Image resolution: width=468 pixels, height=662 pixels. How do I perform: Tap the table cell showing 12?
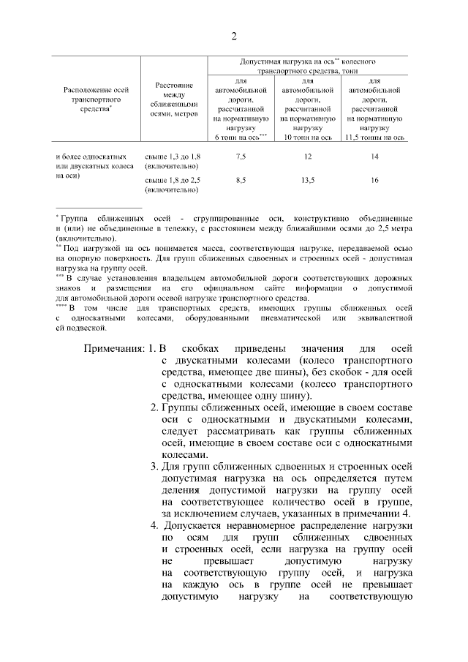click(x=308, y=157)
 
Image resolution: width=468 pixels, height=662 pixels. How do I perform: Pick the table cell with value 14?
click(x=375, y=157)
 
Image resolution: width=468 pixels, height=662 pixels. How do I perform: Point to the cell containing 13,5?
click(x=308, y=180)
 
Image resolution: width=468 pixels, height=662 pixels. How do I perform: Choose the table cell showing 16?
click(x=375, y=180)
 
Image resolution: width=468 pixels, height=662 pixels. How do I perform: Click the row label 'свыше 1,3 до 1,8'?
click(x=173, y=157)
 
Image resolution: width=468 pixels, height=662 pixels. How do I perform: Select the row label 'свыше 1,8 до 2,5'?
click(x=173, y=180)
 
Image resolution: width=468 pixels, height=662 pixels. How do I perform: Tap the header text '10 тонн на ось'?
click(x=308, y=137)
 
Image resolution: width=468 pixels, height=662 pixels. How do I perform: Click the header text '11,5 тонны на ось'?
click(x=375, y=137)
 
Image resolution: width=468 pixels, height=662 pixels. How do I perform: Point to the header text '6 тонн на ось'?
click(x=238, y=137)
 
